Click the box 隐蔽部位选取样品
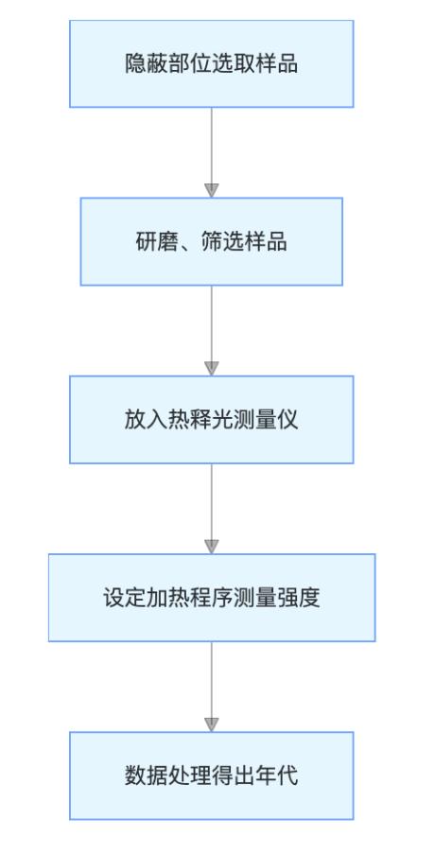pyautogui.click(x=211, y=63)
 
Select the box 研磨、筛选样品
pyautogui.click(x=211, y=241)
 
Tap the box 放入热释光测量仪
pyautogui.click(x=211, y=419)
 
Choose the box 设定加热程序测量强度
pyautogui.click(x=211, y=598)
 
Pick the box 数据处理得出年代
pyautogui.click(x=211, y=776)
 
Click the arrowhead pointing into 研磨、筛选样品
pyautogui.click(x=211, y=191)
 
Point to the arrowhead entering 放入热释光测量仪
pyautogui.click(x=211, y=369)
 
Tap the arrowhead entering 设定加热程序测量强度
pyautogui.click(x=211, y=547)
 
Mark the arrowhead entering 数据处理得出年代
pyautogui.click(x=211, y=725)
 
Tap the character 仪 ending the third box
pyautogui.click(x=287, y=420)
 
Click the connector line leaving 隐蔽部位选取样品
pyautogui.click(x=211, y=146)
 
